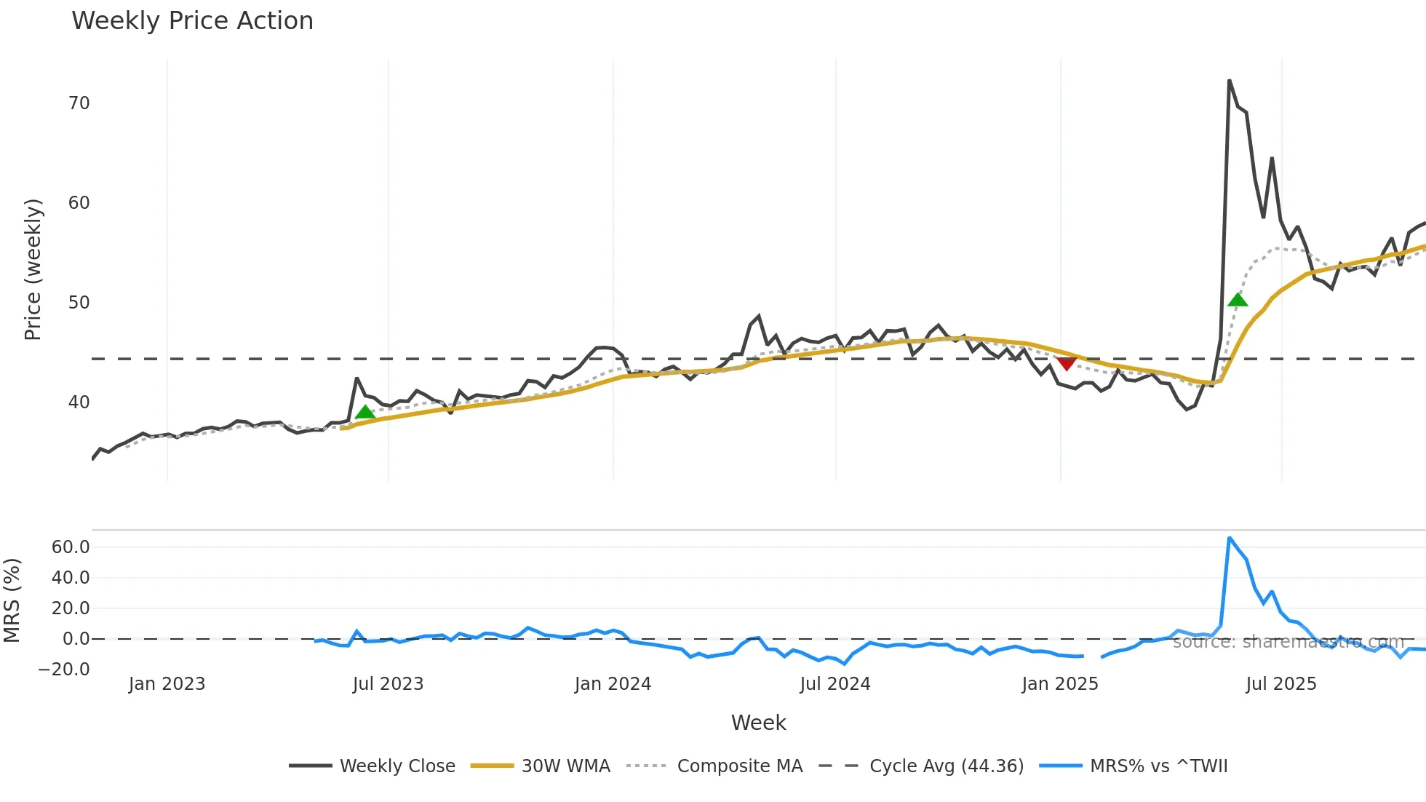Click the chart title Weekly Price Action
(x=192, y=21)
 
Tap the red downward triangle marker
(x=1067, y=363)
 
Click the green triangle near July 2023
(x=365, y=412)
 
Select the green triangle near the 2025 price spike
(x=1238, y=300)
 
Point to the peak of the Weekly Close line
(x=1230, y=81)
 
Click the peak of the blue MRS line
(x=1230, y=539)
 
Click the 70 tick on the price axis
(x=79, y=103)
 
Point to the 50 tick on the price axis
(x=79, y=303)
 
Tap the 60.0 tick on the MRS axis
(x=71, y=547)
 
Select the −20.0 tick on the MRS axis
(x=65, y=670)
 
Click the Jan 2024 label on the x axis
(x=613, y=684)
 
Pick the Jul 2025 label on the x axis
(x=1281, y=684)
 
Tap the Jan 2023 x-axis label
(x=167, y=684)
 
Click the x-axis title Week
(x=758, y=723)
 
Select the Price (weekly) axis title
(x=33, y=269)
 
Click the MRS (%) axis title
(x=12, y=600)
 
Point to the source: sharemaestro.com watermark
(x=1288, y=642)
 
